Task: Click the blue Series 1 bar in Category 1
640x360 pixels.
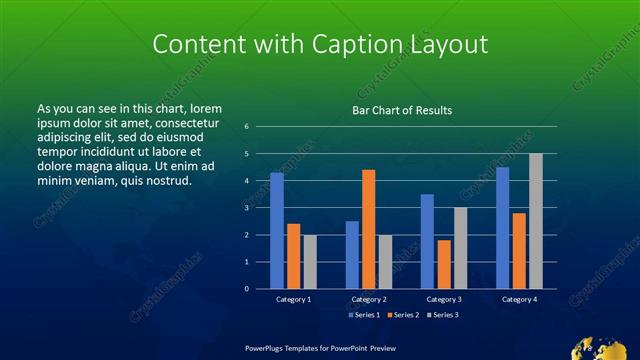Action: tap(277, 231)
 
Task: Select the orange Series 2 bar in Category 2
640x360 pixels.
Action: tap(369, 229)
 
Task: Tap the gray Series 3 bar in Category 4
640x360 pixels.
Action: tap(536, 221)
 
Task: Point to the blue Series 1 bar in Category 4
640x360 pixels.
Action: tap(502, 228)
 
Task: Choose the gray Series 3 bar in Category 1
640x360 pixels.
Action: tap(310, 262)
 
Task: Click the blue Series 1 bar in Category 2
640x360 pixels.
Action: tap(352, 255)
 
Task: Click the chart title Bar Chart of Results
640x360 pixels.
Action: tap(402, 110)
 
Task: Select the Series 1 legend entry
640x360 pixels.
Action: tap(363, 315)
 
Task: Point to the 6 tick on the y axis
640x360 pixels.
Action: tap(246, 127)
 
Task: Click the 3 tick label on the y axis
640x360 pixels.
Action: tap(246, 208)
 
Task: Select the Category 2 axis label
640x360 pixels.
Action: tap(369, 299)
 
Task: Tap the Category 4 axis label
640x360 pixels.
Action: tap(519, 299)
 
